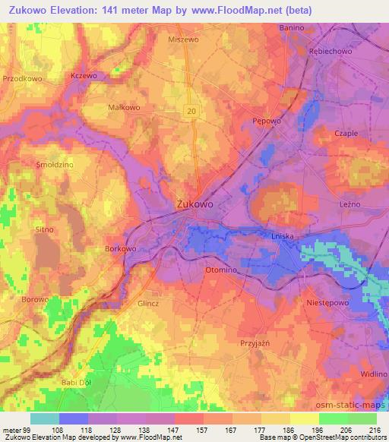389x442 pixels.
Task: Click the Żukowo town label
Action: [194, 204]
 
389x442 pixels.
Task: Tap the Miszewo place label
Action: [182, 38]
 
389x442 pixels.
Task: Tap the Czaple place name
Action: [346, 133]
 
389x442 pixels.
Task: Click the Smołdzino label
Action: [33, 164]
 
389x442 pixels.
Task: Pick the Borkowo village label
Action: [119, 248]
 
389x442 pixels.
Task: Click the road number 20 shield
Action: [191, 111]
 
